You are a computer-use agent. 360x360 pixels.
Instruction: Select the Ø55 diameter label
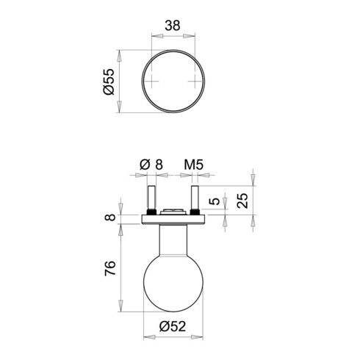point(107,81)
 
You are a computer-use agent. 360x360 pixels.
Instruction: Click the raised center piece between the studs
point(173,212)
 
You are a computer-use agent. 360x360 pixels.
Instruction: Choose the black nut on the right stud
point(195,212)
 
